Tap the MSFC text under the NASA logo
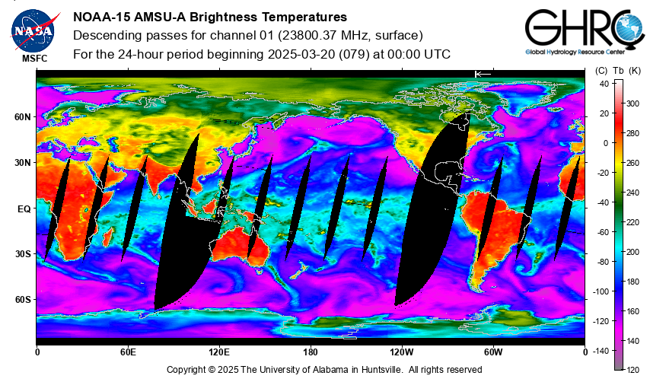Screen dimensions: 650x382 coord(35,59)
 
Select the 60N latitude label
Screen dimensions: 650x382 coord(23,117)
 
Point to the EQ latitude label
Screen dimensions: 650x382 coord(24,209)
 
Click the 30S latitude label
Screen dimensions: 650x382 coord(23,254)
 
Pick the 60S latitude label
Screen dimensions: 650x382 coord(23,300)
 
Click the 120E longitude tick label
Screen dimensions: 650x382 coord(219,352)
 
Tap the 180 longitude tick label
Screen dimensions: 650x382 coord(311,352)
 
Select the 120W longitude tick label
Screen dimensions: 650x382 coord(402,352)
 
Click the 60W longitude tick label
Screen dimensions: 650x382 coord(493,352)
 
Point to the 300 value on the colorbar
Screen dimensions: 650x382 coord(633,103)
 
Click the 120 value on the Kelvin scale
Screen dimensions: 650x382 coord(633,370)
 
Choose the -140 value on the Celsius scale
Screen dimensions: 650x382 coord(601,352)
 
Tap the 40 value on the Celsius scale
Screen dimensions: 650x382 coord(604,84)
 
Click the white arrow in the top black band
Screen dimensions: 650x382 coord(483,74)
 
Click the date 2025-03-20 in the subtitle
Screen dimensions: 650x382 coord(301,54)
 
